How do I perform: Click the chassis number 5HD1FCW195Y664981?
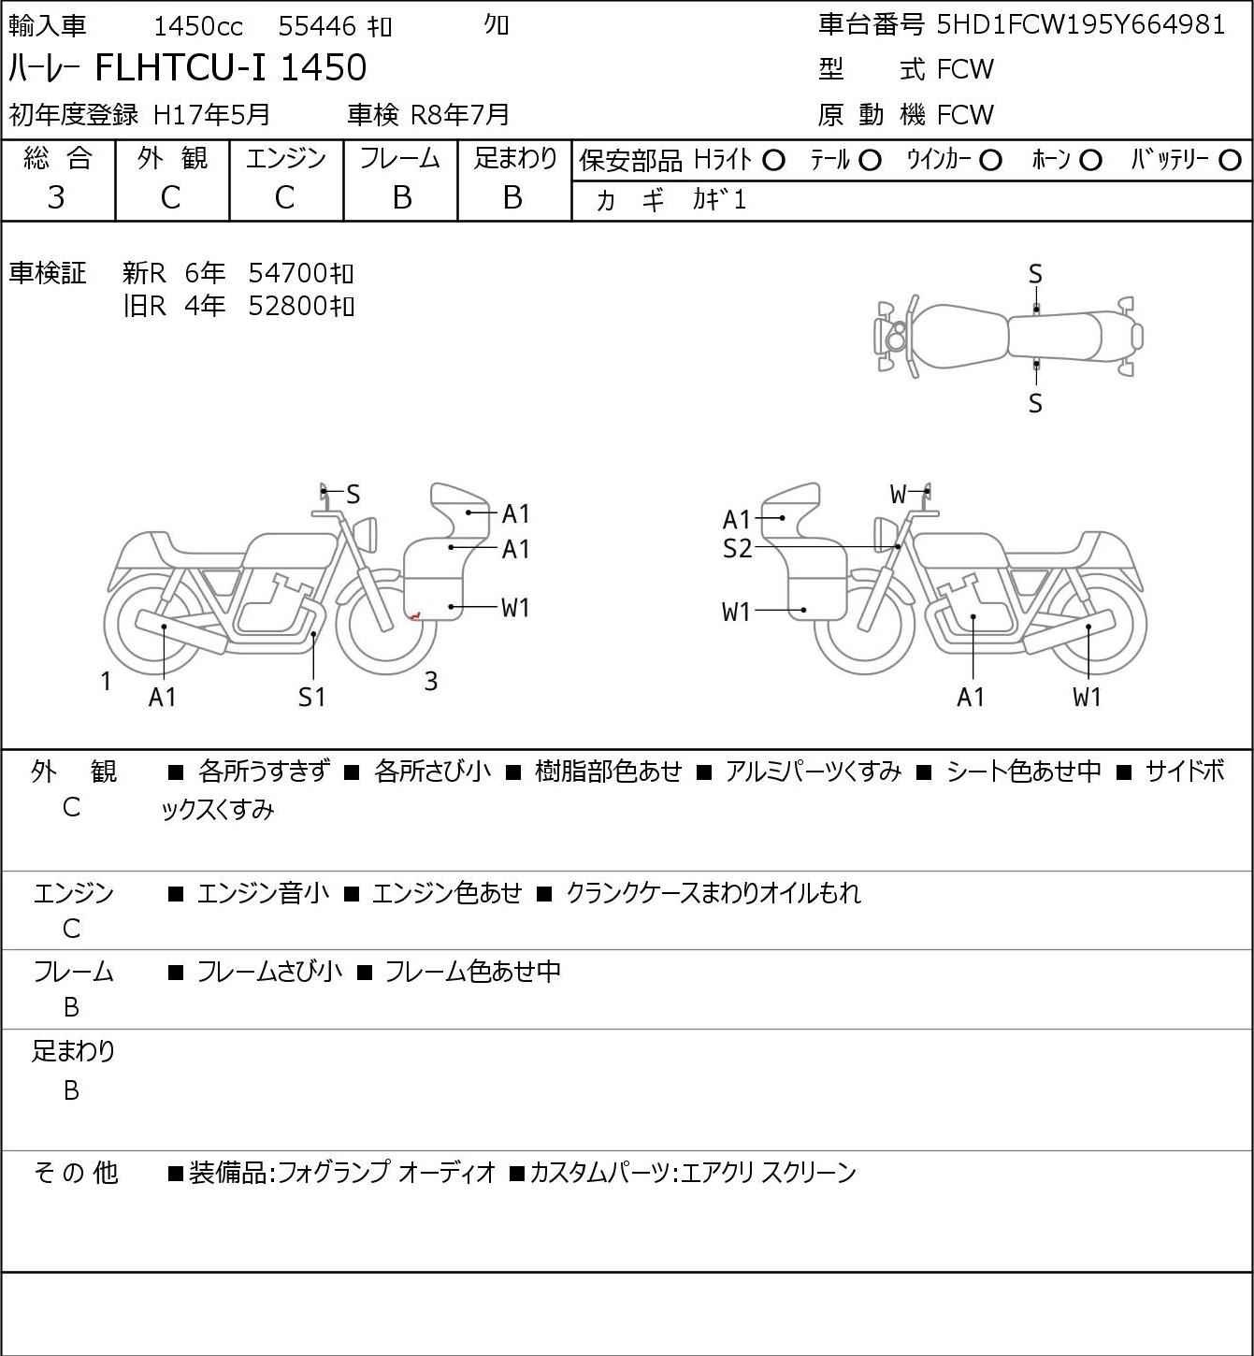pos(1080,24)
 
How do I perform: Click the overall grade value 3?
pos(56,197)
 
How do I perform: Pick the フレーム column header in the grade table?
pos(400,159)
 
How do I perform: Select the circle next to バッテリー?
pos(1231,161)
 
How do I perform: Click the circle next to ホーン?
pos(1090,161)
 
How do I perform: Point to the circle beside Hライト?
pos(773,161)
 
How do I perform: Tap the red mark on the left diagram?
pos(414,614)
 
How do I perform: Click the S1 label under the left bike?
pos(312,697)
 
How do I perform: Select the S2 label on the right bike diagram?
pos(737,549)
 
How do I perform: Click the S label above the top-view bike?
pos(1035,274)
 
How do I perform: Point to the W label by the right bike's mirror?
pos(899,494)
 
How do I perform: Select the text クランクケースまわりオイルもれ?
pos(713,893)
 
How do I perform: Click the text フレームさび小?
pos(269,972)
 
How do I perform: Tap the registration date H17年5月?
pos(211,114)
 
